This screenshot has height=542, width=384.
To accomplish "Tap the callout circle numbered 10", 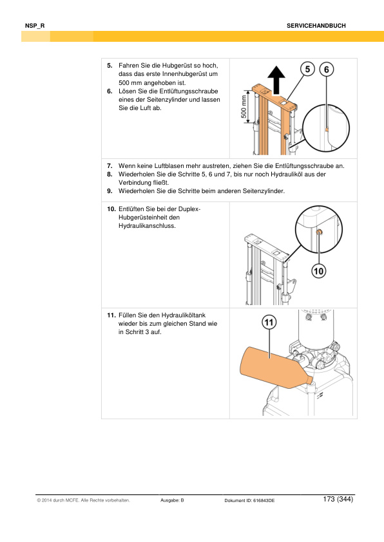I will tap(318, 271).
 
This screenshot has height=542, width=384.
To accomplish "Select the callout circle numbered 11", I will tap(269, 322).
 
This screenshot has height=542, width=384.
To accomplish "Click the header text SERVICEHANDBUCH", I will tap(316, 25).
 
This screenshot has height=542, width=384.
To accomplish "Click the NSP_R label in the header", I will tap(34, 25).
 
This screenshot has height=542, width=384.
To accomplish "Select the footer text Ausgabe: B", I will tap(172, 500).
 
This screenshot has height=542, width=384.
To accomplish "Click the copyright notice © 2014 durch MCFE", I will tap(84, 500).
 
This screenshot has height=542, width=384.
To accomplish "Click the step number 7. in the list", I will tap(110, 165).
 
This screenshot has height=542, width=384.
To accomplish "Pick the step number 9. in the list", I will tap(110, 191).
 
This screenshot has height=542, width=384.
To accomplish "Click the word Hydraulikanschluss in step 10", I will tap(146, 227).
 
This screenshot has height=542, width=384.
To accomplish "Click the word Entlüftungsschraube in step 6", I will tap(191, 91).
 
